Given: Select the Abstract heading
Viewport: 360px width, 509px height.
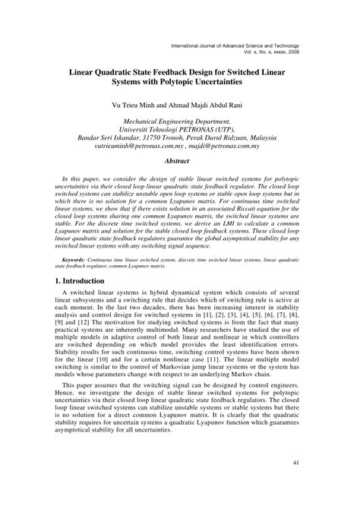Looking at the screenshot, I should [181, 161].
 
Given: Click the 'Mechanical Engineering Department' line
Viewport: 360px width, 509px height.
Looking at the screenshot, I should [180, 120].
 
